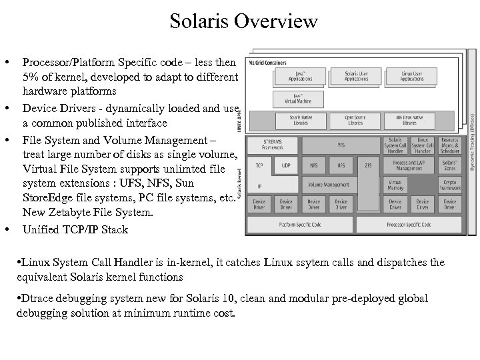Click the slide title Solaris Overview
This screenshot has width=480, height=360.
pyautogui.click(x=244, y=22)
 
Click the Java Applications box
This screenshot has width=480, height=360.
pyautogui.click(x=300, y=75)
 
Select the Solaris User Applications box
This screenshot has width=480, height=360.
pyautogui.click(x=356, y=75)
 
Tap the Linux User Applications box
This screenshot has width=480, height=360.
pyautogui.click(x=411, y=75)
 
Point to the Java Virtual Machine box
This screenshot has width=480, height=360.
pyautogui.click(x=300, y=99)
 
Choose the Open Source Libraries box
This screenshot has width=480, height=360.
pyautogui.click(x=355, y=121)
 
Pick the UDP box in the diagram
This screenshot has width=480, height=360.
pyautogui.click(x=287, y=165)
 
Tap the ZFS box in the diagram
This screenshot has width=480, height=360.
pyautogui.click(x=368, y=165)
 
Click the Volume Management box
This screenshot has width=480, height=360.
pyautogui.click(x=327, y=184)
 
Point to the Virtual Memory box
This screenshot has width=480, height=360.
pyautogui.click(x=395, y=184)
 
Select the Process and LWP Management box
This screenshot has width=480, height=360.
pyautogui.click(x=408, y=165)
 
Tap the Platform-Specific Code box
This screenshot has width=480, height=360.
pyautogui.click(x=300, y=225)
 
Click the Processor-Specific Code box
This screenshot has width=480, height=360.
pyautogui.click(x=408, y=225)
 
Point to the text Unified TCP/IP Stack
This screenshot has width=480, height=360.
pyautogui.click(x=75, y=230)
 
